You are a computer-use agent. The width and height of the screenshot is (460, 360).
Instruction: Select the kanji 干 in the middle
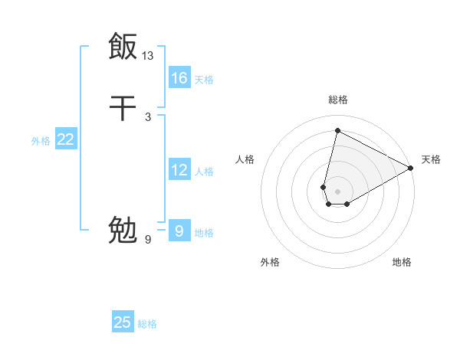click(x=123, y=109)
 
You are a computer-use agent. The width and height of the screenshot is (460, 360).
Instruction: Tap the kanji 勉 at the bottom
click(x=123, y=229)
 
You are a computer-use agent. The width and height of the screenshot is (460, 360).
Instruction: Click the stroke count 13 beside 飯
click(x=148, y=56)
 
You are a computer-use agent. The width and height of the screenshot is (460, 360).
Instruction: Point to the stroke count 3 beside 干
click(x=148, y=116)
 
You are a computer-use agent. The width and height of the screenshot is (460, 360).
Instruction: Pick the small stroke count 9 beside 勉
click(x=148, y=240)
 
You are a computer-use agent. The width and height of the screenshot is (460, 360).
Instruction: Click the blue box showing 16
click(x=179, y=78)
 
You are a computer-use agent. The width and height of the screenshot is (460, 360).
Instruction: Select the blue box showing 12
click(x=179, y=170)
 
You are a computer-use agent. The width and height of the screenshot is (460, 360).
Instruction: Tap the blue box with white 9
click(x=179, y=231)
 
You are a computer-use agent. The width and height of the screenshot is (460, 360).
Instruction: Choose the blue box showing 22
click(x=66, y=139)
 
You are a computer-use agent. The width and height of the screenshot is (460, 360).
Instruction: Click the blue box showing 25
click(x=123, y=322)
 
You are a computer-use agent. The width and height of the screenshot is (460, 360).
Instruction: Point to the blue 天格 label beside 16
click(x=204, y=79)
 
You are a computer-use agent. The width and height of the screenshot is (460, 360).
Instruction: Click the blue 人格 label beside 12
click(x=204, y=171)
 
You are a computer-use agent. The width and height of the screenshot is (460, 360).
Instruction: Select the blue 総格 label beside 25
click(x=147, y=323)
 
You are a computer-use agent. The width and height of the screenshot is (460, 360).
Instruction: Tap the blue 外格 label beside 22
click(x=41, y=140)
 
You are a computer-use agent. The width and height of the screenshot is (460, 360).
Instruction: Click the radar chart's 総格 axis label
click(x=338, y=100)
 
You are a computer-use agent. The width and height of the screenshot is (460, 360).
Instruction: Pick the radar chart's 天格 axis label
click(x=431, y=159)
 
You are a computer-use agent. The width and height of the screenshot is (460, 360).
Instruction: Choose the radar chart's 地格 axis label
click(x=402, y=262)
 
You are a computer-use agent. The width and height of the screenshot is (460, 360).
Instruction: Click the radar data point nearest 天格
click(x=411, y=168)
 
